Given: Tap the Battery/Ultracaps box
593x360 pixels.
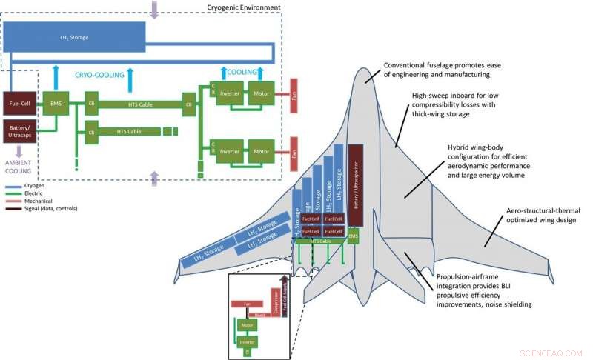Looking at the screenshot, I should pos(18,131).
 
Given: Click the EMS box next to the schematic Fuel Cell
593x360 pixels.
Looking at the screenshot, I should pos(56,102).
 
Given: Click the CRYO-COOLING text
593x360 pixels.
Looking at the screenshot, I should pos(98,74).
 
